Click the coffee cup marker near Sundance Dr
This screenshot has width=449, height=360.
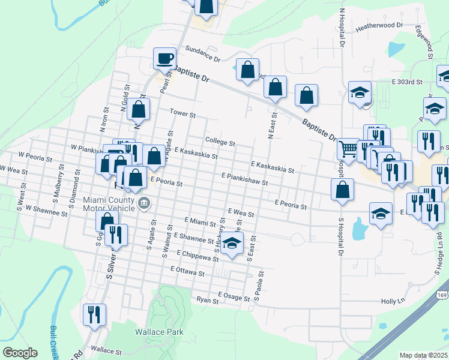(x=164, y=59)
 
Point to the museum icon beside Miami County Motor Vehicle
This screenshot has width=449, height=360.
(x=143, y=203)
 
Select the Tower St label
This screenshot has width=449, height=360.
(x=182, y=113)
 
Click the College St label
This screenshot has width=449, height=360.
(x=220, y=142)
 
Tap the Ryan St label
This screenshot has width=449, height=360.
(x=207, y=299)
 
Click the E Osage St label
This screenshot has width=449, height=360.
(x=234, y=296)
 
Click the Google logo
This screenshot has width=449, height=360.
(x=19, y=353)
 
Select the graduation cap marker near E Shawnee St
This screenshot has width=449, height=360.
(x=232, y=243)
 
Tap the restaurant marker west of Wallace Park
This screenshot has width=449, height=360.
(x=95, y=314)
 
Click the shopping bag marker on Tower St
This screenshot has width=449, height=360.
(x=139, y=110)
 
